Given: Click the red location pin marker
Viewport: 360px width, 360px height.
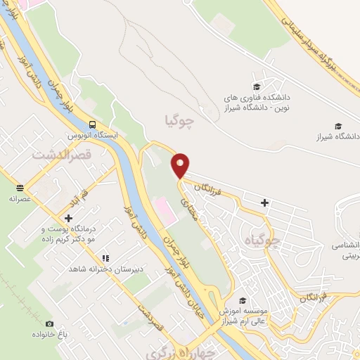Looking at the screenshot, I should (x=181, y=165).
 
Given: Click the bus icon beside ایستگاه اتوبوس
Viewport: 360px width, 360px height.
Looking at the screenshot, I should (x=93, y=124).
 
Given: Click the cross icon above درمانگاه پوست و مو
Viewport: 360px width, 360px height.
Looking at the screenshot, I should (x=68, y=219).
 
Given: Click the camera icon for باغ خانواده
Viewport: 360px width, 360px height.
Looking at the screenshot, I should (x=49, y=323).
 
